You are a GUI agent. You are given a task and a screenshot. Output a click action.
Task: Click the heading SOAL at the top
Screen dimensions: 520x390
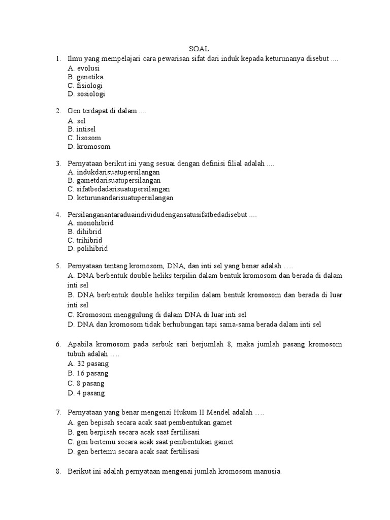(199, 50)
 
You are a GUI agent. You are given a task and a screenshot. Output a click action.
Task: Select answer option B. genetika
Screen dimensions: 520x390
(85, 77)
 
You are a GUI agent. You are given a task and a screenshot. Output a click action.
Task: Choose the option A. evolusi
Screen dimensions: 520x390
(83, 68)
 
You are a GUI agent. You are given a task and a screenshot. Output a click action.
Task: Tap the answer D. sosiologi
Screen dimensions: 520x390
(86, 94)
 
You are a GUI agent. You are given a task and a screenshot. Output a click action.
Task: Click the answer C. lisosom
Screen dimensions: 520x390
(84, 138)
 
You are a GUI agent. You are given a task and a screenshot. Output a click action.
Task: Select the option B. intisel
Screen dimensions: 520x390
(81, 129)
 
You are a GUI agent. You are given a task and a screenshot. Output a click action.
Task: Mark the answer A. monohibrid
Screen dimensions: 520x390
(90, 223)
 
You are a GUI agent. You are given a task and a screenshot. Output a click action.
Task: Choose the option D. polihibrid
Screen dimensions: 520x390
(87, 249)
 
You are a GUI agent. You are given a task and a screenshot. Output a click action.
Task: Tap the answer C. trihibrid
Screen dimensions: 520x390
(84, 240)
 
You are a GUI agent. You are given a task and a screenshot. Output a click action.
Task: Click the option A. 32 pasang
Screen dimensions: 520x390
(88, 364)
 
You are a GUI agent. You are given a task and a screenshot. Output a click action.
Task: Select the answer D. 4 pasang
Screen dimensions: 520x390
(86, 393)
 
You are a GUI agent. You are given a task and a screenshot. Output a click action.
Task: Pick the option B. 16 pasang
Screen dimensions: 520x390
(88, 373)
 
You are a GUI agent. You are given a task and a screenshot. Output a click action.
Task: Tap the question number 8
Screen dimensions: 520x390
(58, 472)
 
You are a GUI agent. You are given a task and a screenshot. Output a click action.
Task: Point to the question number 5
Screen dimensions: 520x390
(58, 266)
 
